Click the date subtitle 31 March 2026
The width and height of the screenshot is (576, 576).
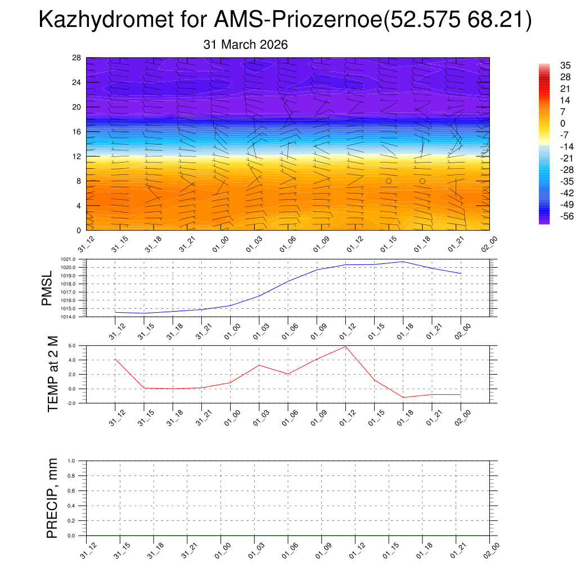(x=245, y=45)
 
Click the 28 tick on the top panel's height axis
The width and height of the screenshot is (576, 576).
(x=77, y=58)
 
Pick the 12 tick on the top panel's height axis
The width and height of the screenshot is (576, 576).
(x=77, y=156)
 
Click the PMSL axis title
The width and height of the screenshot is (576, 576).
(x=47, y=289)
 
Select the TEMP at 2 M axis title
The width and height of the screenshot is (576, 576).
(x=53, y=375)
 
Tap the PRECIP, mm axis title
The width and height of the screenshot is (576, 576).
(x=52, y=498)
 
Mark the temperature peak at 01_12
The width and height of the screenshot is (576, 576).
(x=345, y=346)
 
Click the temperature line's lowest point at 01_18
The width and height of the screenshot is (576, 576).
(x=403, y=397)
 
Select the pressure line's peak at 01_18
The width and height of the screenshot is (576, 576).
(x=403, y=262)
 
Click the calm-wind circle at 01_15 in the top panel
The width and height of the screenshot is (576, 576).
(x=389, y=181)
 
